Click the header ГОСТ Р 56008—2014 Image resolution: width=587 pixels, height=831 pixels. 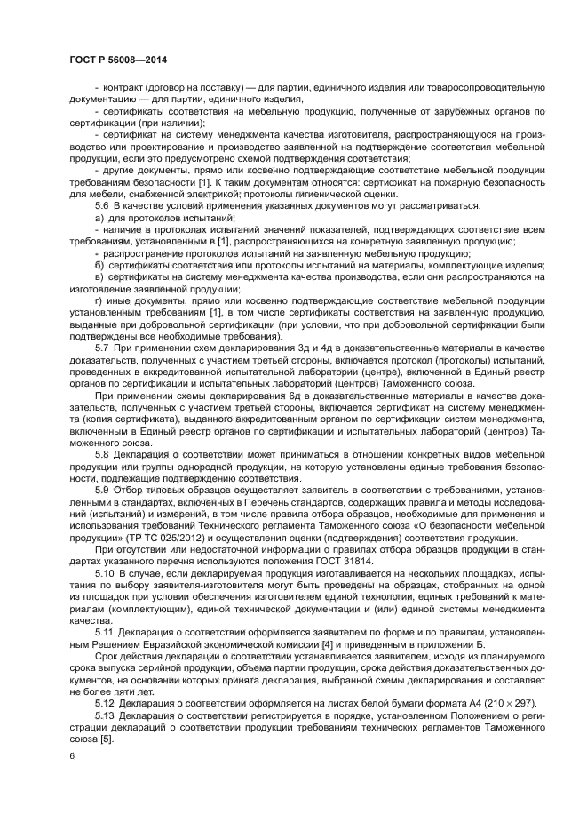pyautogui.click(x=118, y=60)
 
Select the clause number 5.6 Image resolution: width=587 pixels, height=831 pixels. pyautogui.click(x=102, y=206)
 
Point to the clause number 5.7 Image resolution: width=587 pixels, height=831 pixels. pyautogui.click(x=102, y=348)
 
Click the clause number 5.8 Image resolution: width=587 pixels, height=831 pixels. pyautogui.click(x=102, y=455)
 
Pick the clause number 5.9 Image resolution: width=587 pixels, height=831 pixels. pyautogui.click(x=102, y=490)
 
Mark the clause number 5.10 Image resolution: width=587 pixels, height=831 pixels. pyautogui.click(x=105, y=574)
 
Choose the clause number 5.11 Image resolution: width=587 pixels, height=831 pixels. pyautogui.click(x=105, y=632)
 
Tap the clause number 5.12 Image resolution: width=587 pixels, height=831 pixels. pyautogui.click(x=105, y=703)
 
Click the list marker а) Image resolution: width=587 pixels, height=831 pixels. pyautogui.click(x=99, y=218)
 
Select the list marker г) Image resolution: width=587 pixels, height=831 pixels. pyautogui.click(x=99, y=301)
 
